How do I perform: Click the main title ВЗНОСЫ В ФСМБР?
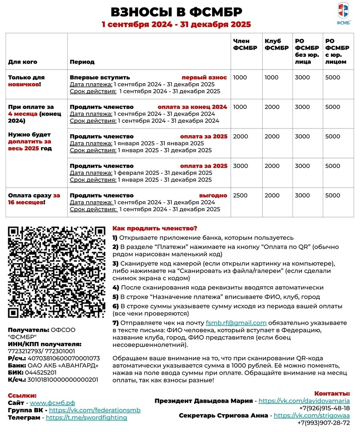coord(176,12)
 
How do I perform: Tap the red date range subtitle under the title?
coord(176,24)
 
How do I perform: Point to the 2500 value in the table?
coord(240,196)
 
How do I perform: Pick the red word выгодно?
coord(213,196)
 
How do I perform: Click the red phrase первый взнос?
coord(204,77)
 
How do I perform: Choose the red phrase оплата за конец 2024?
coord(192,107)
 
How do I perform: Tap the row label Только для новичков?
coord(26,81)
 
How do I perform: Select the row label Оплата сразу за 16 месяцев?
coord(34,199)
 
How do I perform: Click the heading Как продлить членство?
coord(155,228)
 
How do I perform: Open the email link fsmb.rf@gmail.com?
coord(236,323)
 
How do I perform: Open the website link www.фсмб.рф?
coord(52,403)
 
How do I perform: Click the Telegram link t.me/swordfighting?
coord(86,417)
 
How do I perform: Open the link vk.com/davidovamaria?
coord(304,401)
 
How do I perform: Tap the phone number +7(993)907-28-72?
coord(324,423)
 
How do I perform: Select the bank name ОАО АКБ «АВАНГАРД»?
coord(63,365)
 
